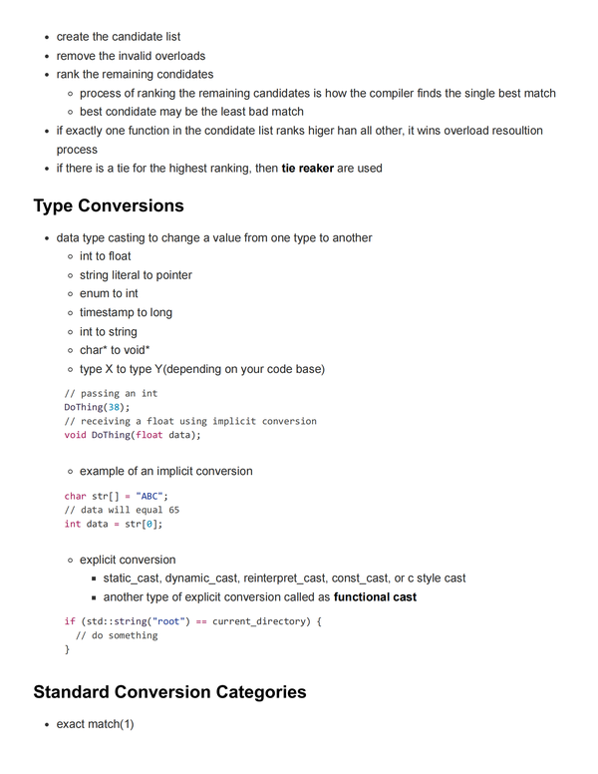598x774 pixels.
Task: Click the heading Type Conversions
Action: [x=109, y=205]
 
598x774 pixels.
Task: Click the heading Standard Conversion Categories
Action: [x=169, y=691]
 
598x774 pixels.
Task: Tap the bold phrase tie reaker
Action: [x=308, y=169]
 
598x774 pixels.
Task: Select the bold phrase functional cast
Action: [x=375, y=597]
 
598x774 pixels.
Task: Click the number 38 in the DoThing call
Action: [x=115, y=407]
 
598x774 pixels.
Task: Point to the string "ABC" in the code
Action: [x=152, y=496]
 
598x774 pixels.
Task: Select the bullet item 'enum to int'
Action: [x=109, y=293]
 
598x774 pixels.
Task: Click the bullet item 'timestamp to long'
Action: [x=126, y=312]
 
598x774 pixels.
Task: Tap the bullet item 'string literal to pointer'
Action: [x=136, y=274]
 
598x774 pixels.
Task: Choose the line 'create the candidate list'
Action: [x=118, y=37]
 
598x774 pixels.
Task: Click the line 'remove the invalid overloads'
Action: [x=131, y=56]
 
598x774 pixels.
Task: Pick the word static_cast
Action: [x=132, y=579]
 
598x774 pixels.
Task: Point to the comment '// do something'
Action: [x=117, y=635]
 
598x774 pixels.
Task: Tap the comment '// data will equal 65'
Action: [x=122, y=510]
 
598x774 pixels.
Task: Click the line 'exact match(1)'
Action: [x=95, y=723]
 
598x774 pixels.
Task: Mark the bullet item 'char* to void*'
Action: [x=115, y=350]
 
